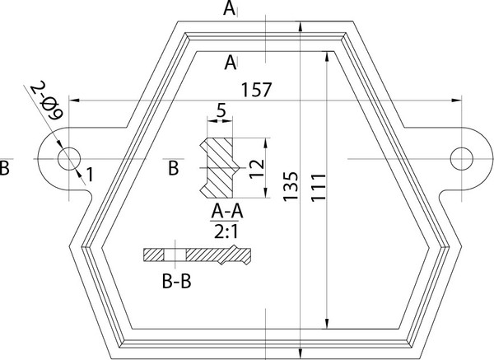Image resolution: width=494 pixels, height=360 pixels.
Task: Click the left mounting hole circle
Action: click(69, 156)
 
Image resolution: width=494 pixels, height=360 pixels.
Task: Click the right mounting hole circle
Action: click(463, 156)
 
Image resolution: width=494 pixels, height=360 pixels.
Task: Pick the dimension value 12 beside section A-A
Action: click(257, 169)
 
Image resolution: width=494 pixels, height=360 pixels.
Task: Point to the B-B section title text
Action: click(177, 283)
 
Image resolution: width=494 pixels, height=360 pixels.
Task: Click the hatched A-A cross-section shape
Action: click(218, 168)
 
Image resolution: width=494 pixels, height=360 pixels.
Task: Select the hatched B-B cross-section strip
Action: click(194, 255)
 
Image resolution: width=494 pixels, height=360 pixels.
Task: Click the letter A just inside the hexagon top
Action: click(233, 61)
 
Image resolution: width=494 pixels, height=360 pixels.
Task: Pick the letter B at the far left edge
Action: click(6, 169)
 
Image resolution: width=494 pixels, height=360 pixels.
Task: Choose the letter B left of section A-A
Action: click(174, 169)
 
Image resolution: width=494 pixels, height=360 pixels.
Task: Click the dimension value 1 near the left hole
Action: click(89, 174)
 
